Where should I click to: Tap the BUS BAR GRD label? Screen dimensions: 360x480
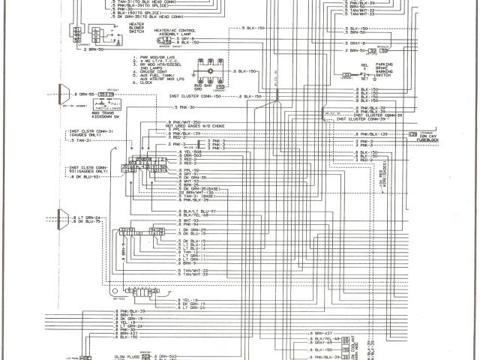pyautogui.click(x=202, y=88)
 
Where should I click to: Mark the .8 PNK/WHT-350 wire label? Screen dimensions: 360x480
pyautogui.click(x=184, y=121)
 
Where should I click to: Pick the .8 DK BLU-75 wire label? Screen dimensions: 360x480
pyautogui.click(x=89, y=222)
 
